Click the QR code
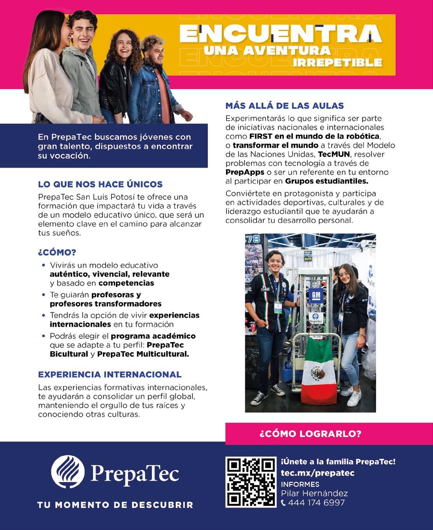[x=250, y=482]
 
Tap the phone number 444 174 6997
[x=316, y=503]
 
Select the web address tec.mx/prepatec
[x=318, y=473]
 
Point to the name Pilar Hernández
[x=314, y=494]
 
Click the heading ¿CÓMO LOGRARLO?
[x=310, y=434]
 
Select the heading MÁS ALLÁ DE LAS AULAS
[x=285, y=106]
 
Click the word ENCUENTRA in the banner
[x=280, y=34]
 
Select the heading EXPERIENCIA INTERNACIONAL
[x=110, y=374]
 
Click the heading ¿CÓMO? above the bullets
[x=57, y=253]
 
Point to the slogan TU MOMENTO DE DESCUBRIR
[x=115, y=505]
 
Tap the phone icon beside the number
[x=283, y=503]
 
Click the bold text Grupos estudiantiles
[x=326, y=181]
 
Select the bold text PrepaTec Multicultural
[x=143, y=354]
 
